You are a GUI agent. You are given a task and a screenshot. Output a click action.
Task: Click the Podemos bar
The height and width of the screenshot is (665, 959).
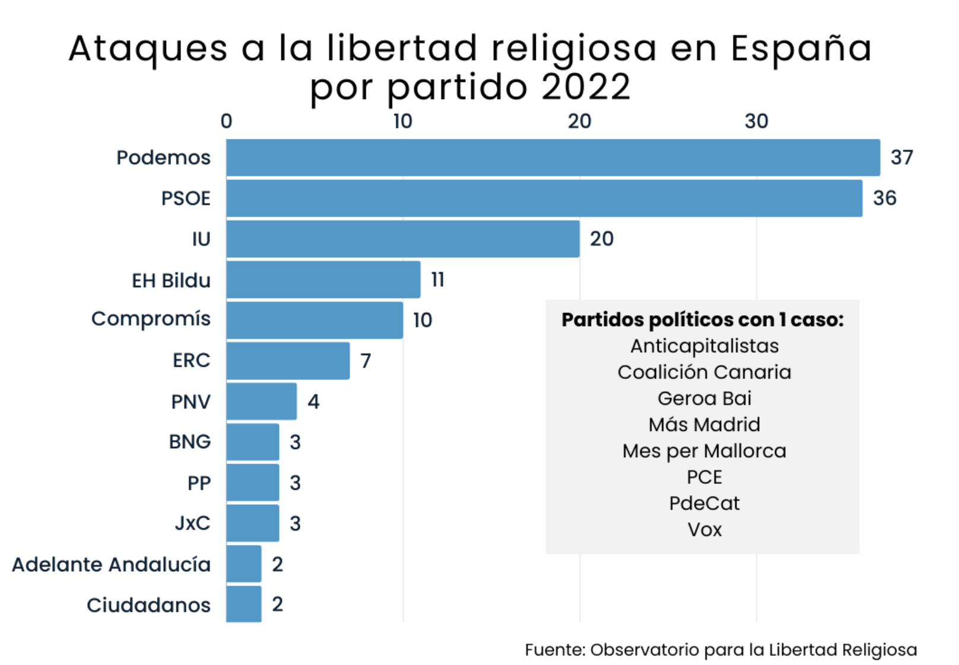pos(553,157)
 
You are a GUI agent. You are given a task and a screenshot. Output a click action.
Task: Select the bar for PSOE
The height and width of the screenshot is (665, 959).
pos(544,198)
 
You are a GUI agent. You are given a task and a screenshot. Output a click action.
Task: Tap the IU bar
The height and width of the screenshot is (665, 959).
pos(403,239)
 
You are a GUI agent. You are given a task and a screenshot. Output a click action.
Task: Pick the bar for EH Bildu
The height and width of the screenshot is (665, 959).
pos(323,280)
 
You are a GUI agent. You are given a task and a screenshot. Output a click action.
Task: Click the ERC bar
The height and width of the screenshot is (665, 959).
pos(288,360)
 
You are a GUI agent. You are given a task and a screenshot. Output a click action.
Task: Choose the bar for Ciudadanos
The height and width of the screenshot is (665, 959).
pos(243,604)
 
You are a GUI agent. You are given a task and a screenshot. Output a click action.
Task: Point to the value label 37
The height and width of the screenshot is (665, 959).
pos(902,157)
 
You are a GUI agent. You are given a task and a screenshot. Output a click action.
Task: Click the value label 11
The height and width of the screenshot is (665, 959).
pos(437,280)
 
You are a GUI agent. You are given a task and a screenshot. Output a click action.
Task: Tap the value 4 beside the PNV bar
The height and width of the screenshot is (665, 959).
pos(313,401)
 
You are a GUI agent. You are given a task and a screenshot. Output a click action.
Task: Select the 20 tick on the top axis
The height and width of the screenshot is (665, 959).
pos(580,121)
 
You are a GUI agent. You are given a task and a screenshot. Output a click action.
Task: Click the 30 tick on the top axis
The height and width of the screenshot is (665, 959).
pos(757,121)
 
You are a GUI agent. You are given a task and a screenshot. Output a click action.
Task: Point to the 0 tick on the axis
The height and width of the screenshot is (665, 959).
pos(227,121)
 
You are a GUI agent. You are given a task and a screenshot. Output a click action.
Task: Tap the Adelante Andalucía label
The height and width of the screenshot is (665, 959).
pos(112,564)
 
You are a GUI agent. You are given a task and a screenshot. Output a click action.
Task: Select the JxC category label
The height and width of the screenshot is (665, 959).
pos(193,523)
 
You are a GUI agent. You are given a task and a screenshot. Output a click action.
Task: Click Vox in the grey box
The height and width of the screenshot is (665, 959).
pos(704,530)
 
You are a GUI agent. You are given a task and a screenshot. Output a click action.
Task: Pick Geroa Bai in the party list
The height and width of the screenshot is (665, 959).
pos(704,398)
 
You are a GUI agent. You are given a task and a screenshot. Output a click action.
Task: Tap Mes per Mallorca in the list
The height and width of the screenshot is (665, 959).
pos(704,451)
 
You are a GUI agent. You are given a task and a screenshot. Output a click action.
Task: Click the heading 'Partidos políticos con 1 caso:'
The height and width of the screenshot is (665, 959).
pos(703,319)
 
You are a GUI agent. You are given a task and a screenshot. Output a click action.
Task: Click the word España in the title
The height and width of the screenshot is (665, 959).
pos(801,49)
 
